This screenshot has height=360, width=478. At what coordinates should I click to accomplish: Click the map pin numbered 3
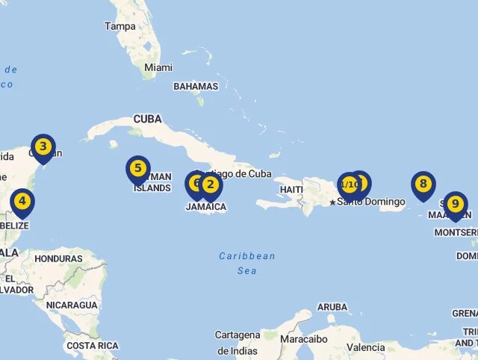click(43, 147)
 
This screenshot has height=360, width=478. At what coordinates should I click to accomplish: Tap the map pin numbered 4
click(22, 201)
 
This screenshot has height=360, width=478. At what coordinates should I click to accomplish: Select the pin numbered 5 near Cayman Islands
click(137, 169)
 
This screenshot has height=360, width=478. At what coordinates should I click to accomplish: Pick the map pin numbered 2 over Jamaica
click(211, 184)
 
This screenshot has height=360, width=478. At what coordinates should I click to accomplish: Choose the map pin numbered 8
click(423, 184)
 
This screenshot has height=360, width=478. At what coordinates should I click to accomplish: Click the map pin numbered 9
click(455, 204)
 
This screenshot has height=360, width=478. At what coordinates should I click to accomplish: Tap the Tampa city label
click(120, 26)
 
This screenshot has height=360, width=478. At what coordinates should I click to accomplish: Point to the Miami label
click(158, 67)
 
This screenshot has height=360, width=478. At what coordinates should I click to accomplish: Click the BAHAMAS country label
click(196, 87)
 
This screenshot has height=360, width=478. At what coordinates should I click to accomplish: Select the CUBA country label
click(147, 119)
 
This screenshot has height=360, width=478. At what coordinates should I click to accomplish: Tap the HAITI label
click(291, 190)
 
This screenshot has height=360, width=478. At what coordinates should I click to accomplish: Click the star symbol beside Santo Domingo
click(332, 202)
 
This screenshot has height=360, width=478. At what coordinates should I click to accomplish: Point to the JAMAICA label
click(206, 207)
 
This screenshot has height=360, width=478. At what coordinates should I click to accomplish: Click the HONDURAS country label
click(58, 258)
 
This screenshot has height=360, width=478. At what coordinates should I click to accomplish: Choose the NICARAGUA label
click(72, 305)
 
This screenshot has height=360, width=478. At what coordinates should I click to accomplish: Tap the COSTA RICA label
click(92, 346)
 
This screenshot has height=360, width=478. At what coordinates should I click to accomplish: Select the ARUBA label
click(332, 307)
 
